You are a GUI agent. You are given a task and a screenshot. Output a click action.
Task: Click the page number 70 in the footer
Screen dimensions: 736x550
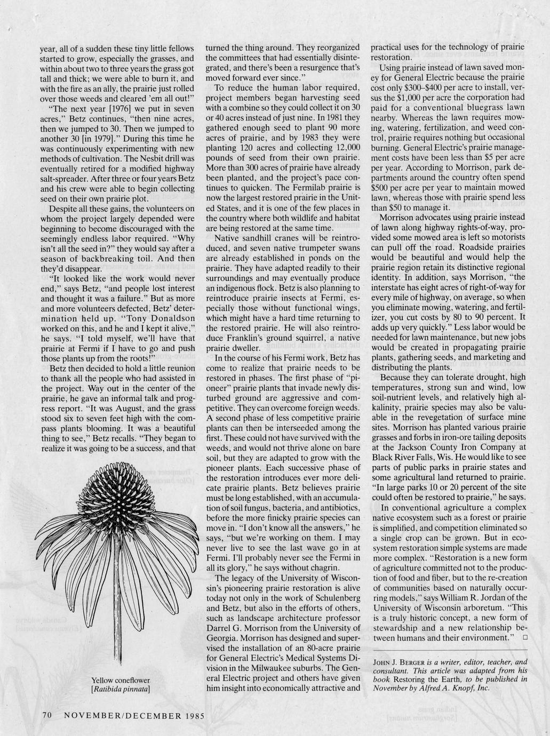pos(46,715)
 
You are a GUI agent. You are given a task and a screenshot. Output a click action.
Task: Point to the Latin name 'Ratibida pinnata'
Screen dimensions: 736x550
pos(122,689)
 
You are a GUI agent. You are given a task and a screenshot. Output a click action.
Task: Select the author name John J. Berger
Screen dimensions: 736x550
pos(396,662)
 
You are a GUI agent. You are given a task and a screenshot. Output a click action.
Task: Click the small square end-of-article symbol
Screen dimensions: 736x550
pos(525,637)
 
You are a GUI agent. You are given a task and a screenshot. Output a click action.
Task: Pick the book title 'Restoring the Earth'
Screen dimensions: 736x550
pos(427,679)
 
